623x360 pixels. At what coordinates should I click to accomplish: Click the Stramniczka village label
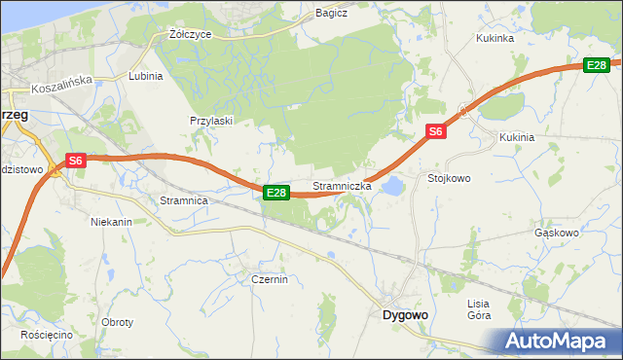pos(342,186)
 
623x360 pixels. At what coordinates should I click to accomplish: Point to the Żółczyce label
pos(189,33)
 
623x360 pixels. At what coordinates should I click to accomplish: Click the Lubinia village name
pos(145,75)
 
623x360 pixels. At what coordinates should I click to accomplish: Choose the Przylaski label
pos(210,121)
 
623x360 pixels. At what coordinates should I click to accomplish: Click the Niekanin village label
pos(111,222)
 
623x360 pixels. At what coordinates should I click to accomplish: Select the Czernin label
pos(269,279)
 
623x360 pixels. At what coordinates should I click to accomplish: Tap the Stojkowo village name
pos(449,179)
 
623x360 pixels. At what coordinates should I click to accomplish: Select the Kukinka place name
pos(494,39)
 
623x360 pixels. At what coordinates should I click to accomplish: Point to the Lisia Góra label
pos(478,309)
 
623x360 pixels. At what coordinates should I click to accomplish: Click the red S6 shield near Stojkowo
pos(435,131)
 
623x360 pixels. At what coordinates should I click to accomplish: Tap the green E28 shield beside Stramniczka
pos(276,193)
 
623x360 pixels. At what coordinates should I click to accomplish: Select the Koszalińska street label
pos(60,88)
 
